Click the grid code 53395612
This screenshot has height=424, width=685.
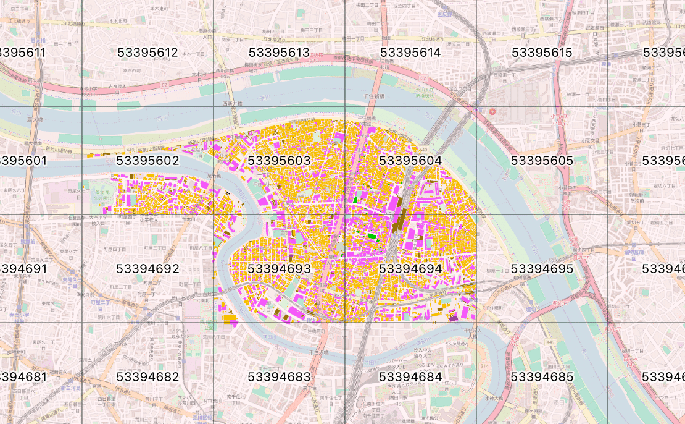coord(147,53)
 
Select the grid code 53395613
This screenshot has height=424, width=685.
coord(279,53)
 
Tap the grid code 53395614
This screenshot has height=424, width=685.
coord(410,53)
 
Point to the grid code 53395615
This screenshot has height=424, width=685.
coord(542,53)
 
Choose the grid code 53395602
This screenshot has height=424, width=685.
coord(147,161)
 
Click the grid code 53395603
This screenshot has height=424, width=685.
coord(279,161)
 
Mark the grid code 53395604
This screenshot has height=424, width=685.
coord(410,161)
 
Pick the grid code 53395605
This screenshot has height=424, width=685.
coord(542,161)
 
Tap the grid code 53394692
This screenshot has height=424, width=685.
coord(147,269)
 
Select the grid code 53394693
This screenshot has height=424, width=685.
coord(279,269)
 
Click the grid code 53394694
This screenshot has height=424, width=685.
coord(410,269)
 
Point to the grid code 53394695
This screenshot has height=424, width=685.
coord(542,269)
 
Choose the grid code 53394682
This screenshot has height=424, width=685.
coord(147,377)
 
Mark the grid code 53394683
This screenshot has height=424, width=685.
coord(279,377)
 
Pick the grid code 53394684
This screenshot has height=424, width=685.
coord(410,377)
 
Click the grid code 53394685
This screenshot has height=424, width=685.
coord(542,377)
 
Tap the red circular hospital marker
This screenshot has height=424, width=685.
coord(492,112)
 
